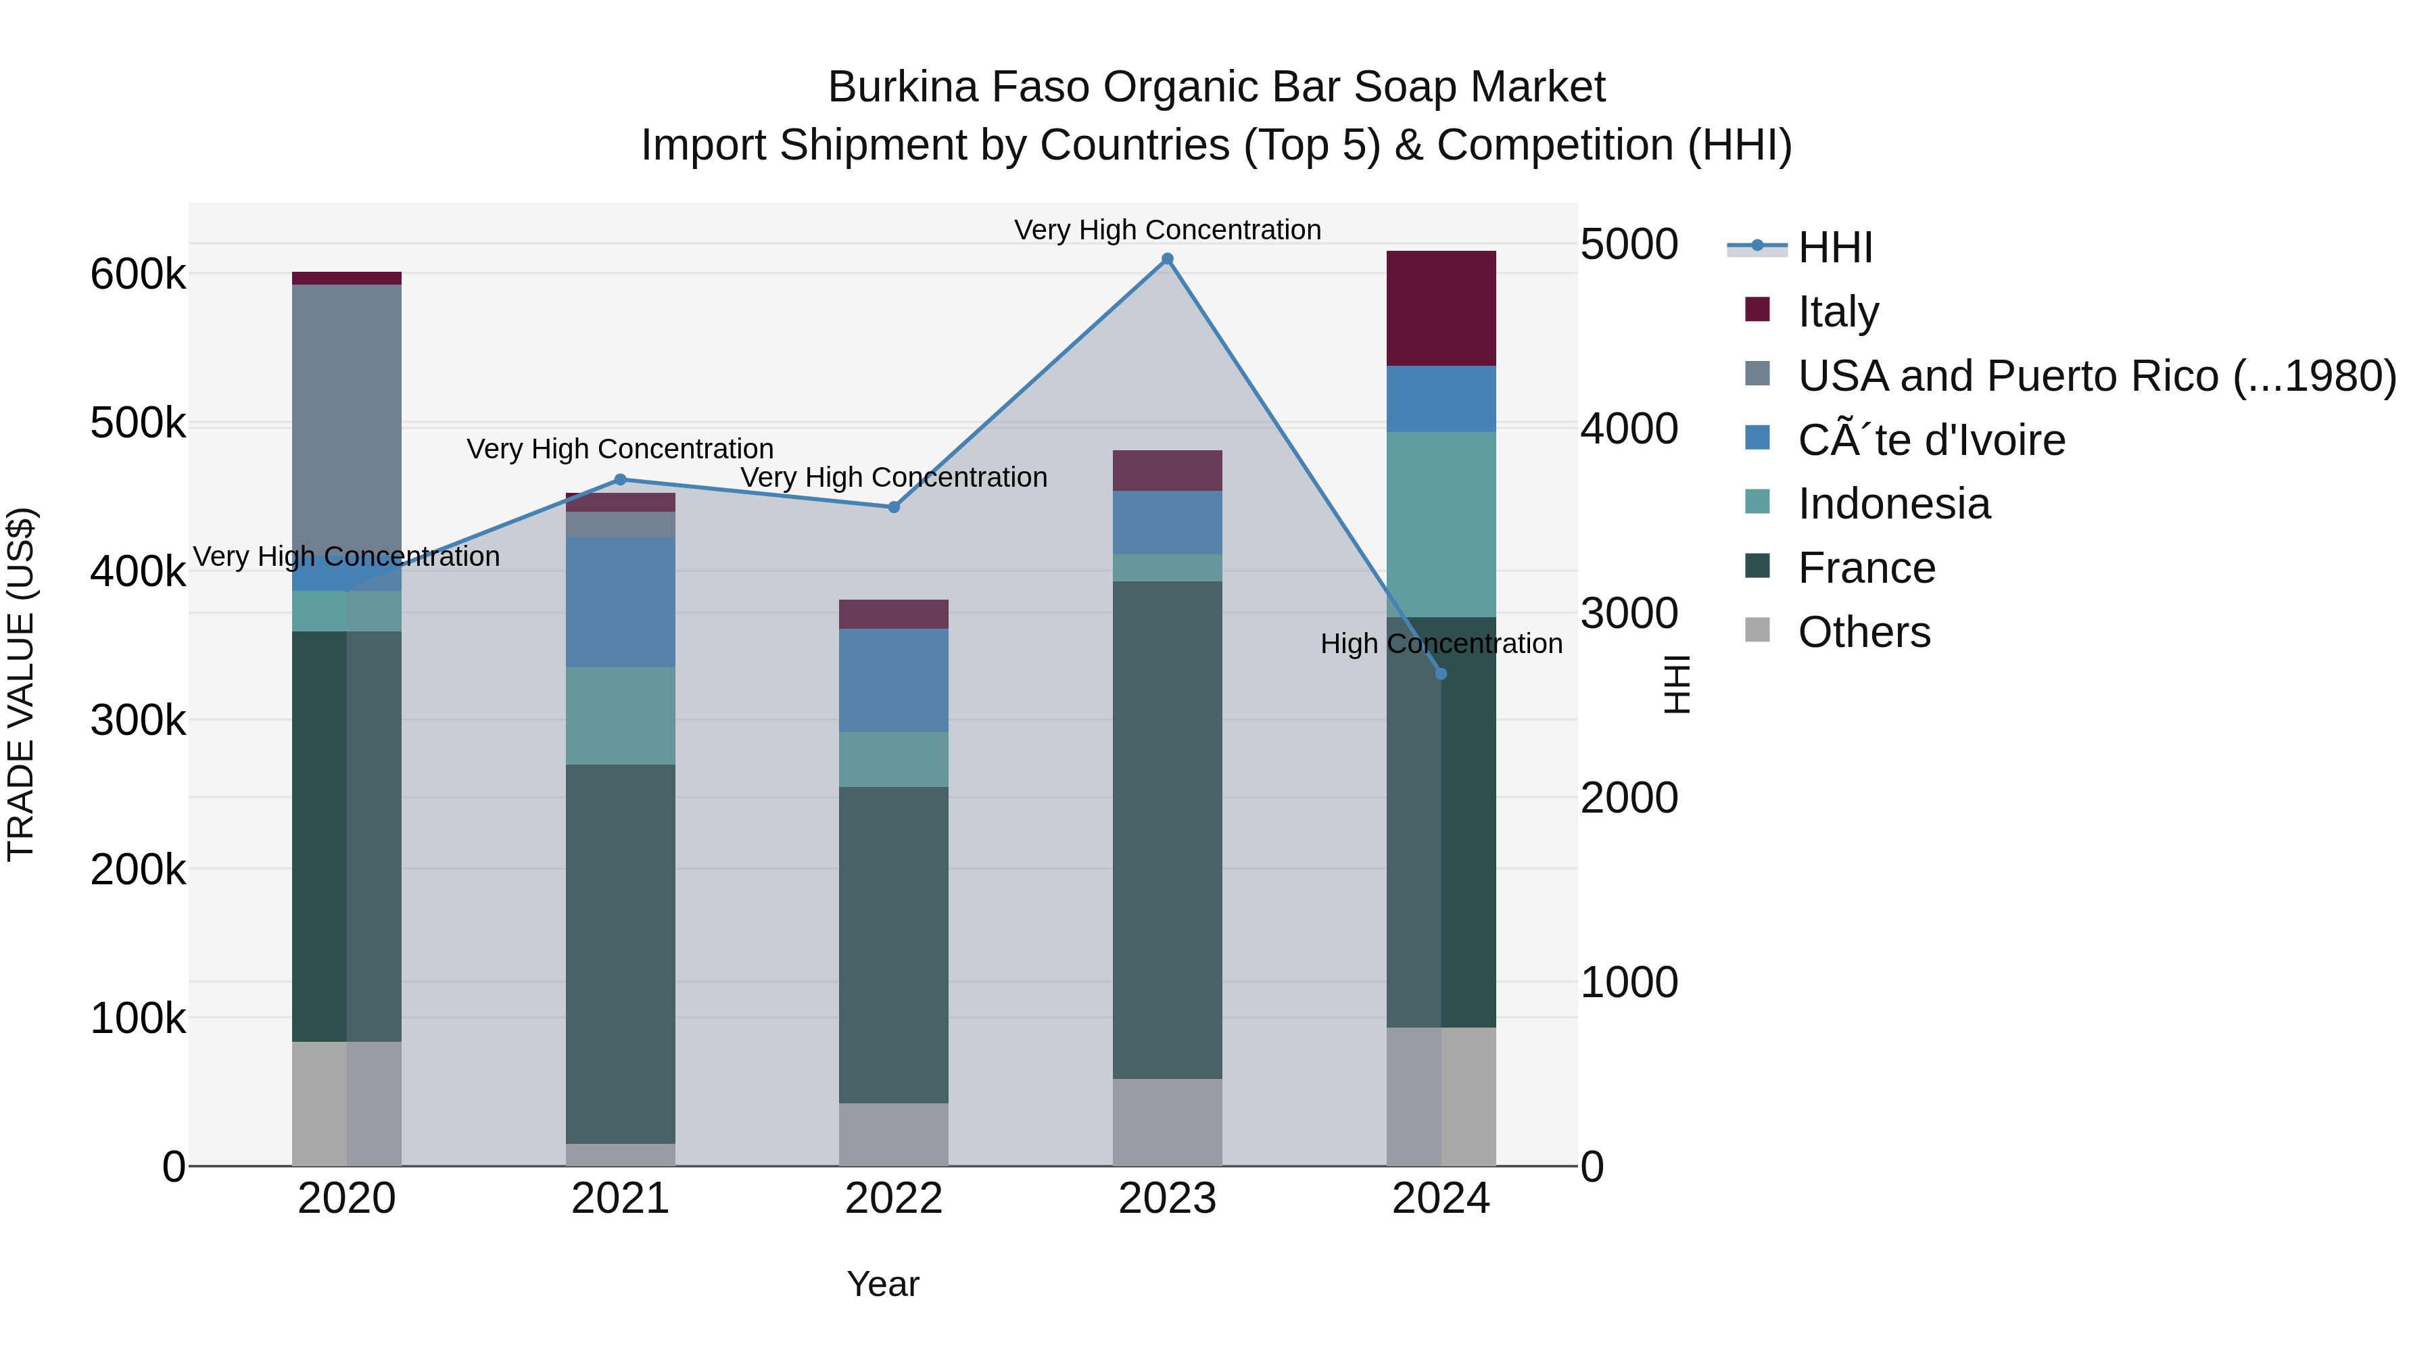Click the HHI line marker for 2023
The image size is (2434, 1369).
pyautogui.click(x=1167, y=259)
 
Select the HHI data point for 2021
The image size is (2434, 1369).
pyautogui.click(x=620, y=480)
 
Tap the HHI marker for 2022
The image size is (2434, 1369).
pyautogui.click(x=894, y=507)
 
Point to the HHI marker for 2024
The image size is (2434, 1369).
pyautogui.click(x=1441, y=673)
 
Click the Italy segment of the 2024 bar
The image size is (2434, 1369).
pyautogui.click(x=1441, y=308)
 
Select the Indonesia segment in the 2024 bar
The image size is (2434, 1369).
pyautogui.click(x=1441, y=525)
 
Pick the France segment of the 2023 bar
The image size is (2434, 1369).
pyautogui.click(x=1167, y=830)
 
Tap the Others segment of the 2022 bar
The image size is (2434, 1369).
pyautogui.click(x=894, y=1134)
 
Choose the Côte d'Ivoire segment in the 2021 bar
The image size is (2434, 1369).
pyautogui.click(x=620, y=602)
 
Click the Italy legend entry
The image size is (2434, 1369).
pyautogui.click(x=1838, y=311)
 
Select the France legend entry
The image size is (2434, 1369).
pyautogui.click(x=1866, y=568)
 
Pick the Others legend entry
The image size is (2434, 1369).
pyautogui.click(x=1863, y=632)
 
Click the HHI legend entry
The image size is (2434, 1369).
pyautogui.click(x=1835, y=247)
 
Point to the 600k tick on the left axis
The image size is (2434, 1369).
pyautogui.click(x=138, y=275)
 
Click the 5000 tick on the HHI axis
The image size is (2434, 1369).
pyautogui.click(x=1629, y=245)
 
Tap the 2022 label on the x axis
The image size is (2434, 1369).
pyautogui.click(x=894, y=1199)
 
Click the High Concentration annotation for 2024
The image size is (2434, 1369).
pyautogui.click(x=1441, y=644)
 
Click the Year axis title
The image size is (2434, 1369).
pyautogui.click(x=882, y=1284)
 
